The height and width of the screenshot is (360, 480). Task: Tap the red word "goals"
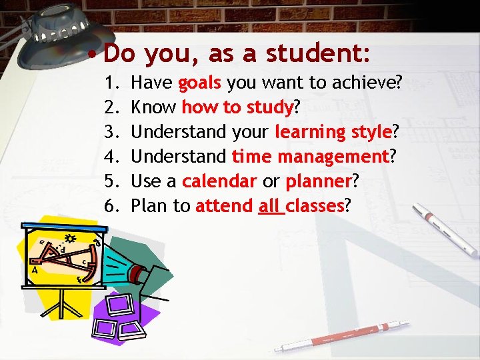(200, 83)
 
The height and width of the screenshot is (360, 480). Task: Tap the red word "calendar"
(219, 181)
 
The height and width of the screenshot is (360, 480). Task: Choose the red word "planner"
(318, 181)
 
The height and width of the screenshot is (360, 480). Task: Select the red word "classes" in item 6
(315, 206)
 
